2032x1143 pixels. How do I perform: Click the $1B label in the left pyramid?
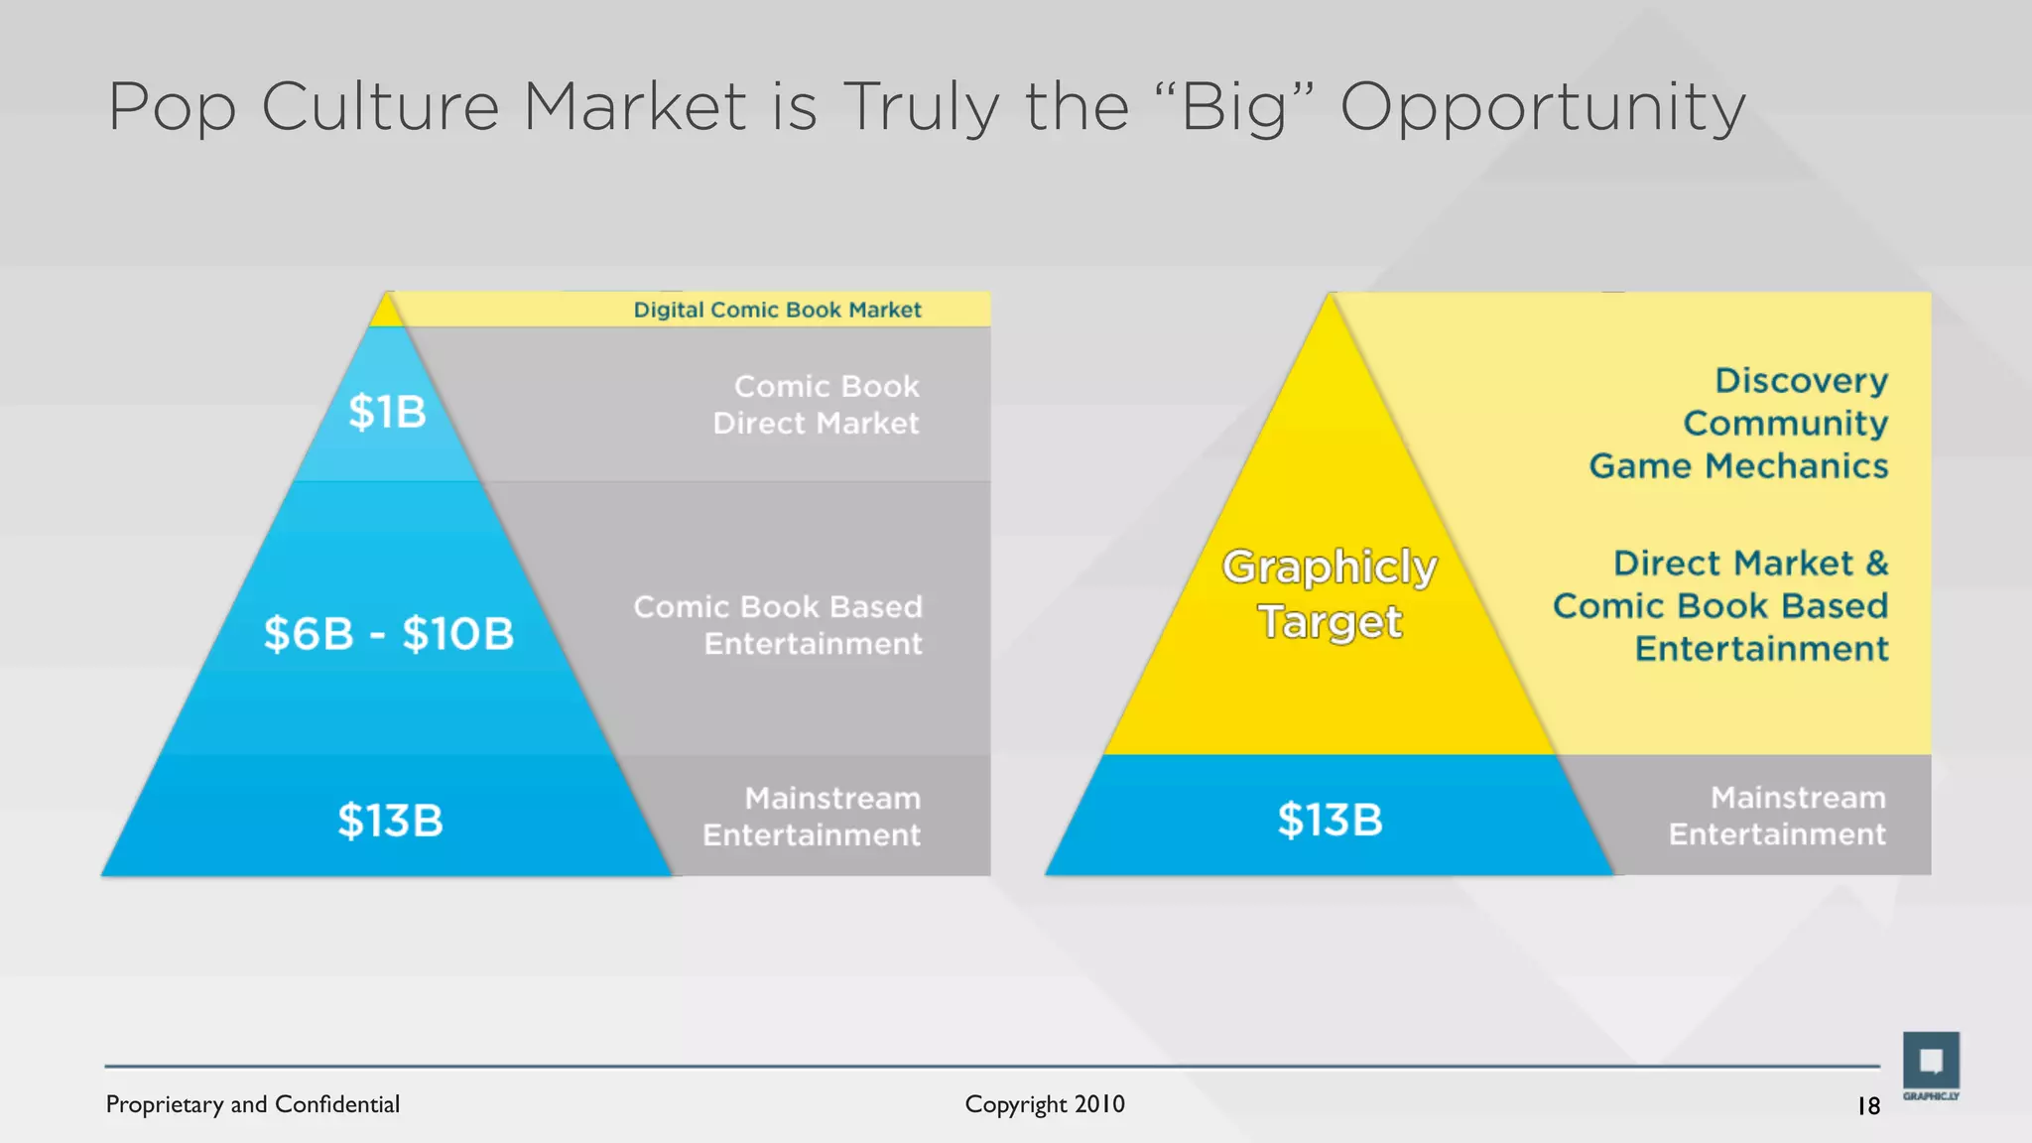(387, 412)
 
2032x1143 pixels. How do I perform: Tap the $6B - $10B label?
(388, 634)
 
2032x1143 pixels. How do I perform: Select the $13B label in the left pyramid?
(390, 821)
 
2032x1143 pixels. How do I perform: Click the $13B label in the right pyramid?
(1330, 820)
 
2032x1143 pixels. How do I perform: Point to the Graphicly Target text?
(1330, 593)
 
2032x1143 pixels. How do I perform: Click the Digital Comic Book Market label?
(777, 310)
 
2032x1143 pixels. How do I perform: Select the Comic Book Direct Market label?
(816, 405)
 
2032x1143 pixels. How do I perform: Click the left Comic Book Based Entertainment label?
(778, 625)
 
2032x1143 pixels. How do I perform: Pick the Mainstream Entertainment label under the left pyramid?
(812, 817)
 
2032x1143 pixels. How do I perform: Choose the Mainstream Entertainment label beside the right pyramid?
(1777, 816)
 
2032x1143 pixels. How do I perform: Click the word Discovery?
(1801, 380)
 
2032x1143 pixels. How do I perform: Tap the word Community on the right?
(1785, 424)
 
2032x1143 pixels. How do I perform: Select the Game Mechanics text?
(1738, 466)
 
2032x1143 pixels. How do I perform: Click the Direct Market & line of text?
(1750, 564)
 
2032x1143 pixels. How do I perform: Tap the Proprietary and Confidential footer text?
(252, 1104)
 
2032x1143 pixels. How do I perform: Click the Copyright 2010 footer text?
(1044, 1104)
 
